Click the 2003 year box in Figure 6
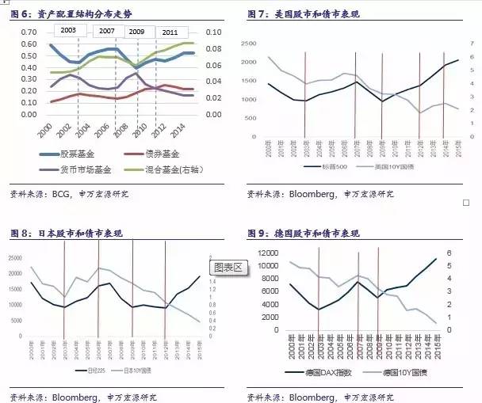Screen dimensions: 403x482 pos(68,30)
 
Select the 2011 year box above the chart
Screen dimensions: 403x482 pos(169,32)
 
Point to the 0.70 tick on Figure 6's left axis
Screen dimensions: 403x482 pos(28,32)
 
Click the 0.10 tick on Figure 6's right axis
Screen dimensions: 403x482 pos(213,32)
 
